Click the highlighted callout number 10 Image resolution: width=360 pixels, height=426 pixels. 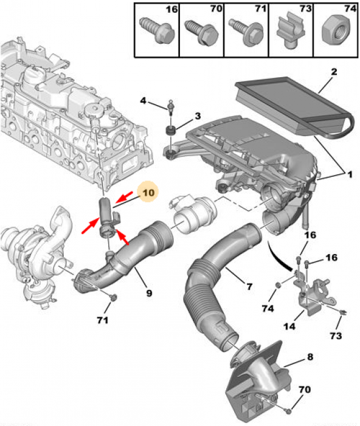(148, 193)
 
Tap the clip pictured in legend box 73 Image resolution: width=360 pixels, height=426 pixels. (290, 32)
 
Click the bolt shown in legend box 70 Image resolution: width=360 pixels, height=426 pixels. (202, 32)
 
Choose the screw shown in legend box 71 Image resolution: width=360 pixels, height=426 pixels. (246, 32)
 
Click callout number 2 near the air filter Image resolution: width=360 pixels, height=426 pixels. (334, 72)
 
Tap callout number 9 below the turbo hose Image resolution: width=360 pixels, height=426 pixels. (149, 293)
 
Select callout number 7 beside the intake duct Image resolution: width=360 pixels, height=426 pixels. (249, 286)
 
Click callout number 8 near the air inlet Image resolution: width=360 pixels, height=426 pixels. (310, 357)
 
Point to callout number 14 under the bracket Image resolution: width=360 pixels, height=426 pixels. (289, 326)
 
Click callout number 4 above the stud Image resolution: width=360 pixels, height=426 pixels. (143, 100)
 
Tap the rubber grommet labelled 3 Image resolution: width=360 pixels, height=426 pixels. (171, 131)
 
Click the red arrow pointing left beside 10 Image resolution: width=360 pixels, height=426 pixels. (124, 197)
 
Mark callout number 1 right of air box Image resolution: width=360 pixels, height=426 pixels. (350, 174)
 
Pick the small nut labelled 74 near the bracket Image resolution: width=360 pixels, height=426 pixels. (278, 285)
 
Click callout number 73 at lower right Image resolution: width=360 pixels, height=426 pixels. (336, 335)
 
